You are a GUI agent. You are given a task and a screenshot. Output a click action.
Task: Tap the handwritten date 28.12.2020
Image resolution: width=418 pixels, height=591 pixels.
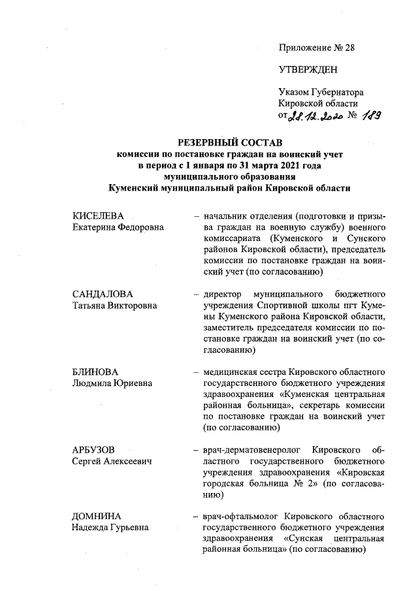pos(316,116)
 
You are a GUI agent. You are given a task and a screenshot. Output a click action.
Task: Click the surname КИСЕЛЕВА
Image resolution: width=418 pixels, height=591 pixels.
pos(98,216)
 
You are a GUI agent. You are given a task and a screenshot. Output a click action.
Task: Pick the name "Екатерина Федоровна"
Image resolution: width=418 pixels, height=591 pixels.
pos(118,227)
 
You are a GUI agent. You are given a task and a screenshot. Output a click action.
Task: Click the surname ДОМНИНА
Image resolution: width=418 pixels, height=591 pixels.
pos(97,516)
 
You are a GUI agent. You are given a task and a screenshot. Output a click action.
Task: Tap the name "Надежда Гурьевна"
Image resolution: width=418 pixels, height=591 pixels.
pos(110,527)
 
